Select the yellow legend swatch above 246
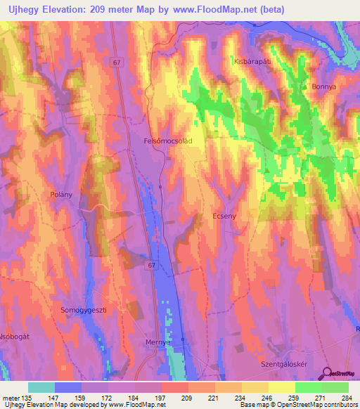(x=255, y=387)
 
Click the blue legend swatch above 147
(x=68, y=387)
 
